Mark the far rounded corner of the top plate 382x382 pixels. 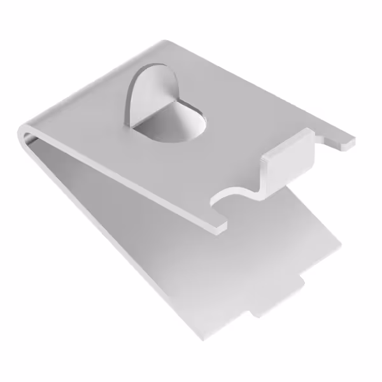click(167, 43)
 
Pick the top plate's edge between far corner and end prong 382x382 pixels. click(255, 89)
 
